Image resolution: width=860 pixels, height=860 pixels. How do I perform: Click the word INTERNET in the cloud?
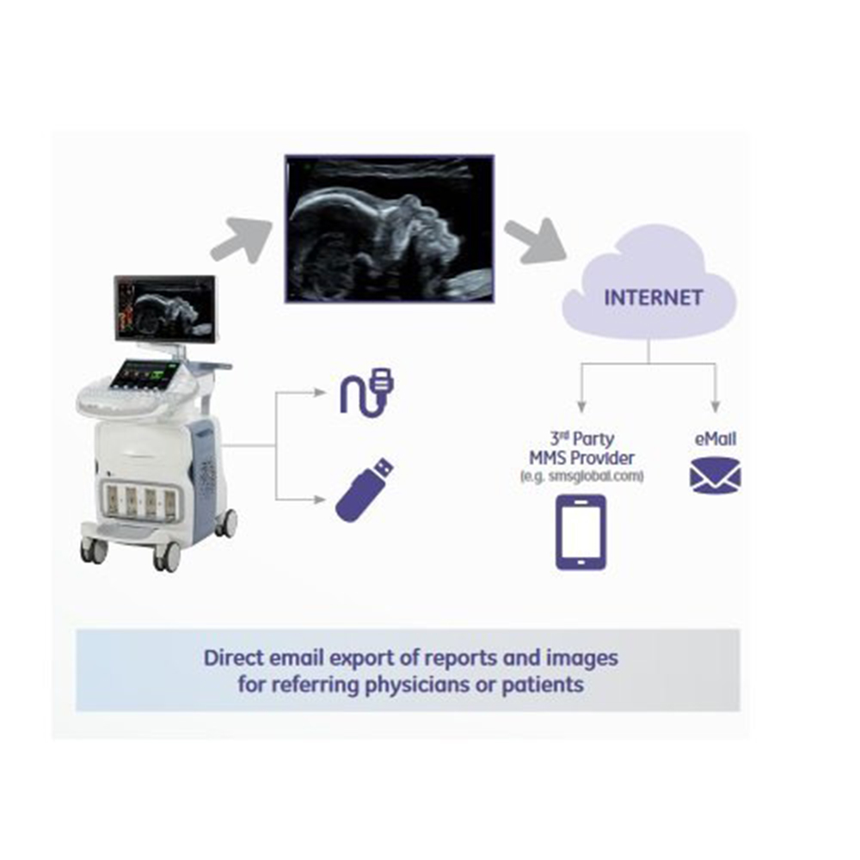point(654,298)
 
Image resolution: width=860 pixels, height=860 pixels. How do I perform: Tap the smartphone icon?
point(580,532)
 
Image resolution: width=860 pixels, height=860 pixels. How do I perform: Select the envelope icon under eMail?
point(716,476)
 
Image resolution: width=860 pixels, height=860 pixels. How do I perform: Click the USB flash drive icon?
point(365,489)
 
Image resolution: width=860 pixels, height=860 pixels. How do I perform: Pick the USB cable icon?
point(366,393)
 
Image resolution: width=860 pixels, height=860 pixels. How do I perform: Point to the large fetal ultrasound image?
point(390,229)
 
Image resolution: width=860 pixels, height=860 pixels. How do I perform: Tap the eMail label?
point(716,439)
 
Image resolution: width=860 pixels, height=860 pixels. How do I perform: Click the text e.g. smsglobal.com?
point(581,476)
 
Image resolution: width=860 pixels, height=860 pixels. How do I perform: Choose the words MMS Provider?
point(581,458)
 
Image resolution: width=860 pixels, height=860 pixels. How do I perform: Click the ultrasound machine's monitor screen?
point(165,308)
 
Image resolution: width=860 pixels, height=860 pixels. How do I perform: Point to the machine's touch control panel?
point(146,375)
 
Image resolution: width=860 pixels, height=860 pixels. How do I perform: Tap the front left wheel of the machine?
point(95,550)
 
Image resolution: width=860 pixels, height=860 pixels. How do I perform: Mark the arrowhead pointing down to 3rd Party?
point(581,407)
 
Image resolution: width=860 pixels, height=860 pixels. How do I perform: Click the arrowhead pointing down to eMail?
point(716,407)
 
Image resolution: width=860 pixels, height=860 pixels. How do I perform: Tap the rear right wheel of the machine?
point(226,523)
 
